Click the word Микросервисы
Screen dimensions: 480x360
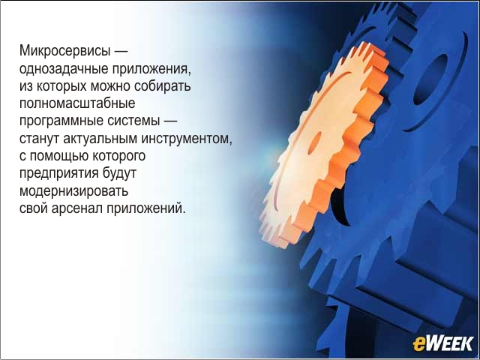pyautogui.click(x=64, y=51)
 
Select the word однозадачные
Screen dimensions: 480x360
pyautogui.click(x=64, y=68)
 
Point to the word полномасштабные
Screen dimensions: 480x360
pyautogui.click(x=77, y=103)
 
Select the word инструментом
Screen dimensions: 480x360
pyautogui.click(x=187, y=139)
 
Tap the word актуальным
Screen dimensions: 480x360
pyautogui.click(x=100, y=139)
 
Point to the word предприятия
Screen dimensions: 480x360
pyautogui.click(x=59, y=175)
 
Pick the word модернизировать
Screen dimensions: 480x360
pyautogui.click(x=73, y=192)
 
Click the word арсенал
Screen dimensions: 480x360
pyautogui.click(x=77, y=208)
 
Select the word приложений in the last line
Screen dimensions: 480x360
pyautogui.click(x=146, y=208)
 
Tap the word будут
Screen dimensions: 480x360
pyautogui.click(x=119, y=174)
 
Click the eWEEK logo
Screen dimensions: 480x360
pyautogui.click(x=443, y=343)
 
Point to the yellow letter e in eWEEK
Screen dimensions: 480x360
pyautogui.click(x=418, y=345)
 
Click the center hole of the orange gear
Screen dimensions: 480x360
pyautogui.click(x=313, y=143)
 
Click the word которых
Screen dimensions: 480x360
pyautogui.click(x=61, y=86)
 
